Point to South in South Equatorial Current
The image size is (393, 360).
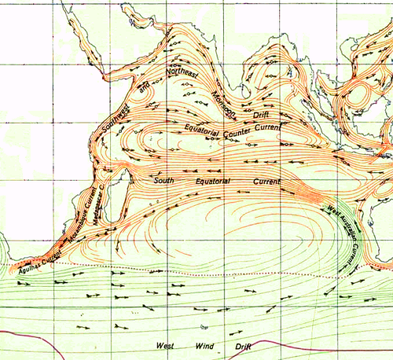click(164, 180)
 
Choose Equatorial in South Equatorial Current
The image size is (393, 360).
click(215, 182)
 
